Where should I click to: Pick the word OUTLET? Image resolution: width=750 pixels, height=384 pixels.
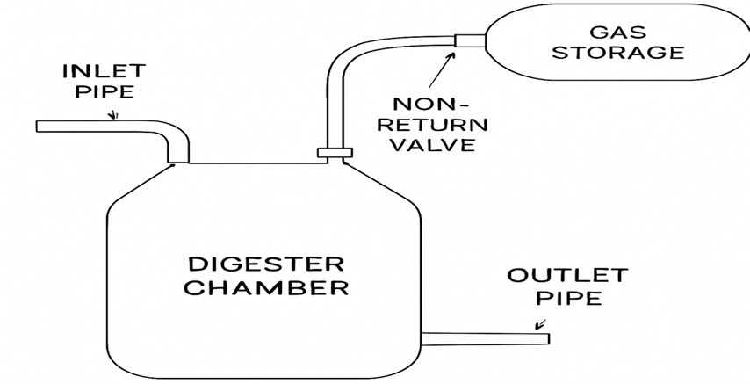pyautogui.click(x=567, y=275)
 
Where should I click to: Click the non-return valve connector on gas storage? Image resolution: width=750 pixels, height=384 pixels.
pyautogui.click(x=469, y=40)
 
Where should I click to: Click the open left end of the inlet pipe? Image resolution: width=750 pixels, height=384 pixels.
pyautogui.click(x=39, y=127)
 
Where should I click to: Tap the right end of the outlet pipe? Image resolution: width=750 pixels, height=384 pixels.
pyautogui.click(x=546, y=338)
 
